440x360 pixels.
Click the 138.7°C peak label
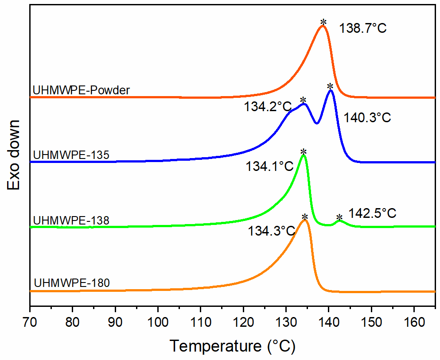(x=363, y=29)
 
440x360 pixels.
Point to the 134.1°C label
(x=270, y=166)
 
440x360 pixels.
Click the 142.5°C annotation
(x=372, y=213)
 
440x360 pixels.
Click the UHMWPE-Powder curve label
(x=81, y=91)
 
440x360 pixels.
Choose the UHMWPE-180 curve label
(x=72, y=282)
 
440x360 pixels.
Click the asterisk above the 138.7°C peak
(x=323, y=22)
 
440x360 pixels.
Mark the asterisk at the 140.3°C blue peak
(x=330, y=86)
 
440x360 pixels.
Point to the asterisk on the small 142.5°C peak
(x=339, y=218)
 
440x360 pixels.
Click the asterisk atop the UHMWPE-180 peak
(x=305, y=217)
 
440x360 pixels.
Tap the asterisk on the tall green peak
(x=304, y=152)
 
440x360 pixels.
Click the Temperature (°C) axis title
(x=232, y=345)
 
